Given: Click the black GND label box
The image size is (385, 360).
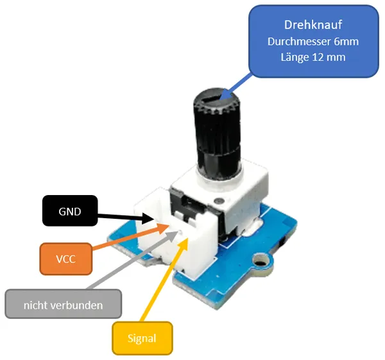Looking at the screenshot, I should click(69, 210).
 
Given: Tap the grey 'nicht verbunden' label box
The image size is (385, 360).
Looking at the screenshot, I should click(63, 305).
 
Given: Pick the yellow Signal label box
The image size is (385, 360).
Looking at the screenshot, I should click(142, 338).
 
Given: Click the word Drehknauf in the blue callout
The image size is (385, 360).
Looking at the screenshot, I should click(312, 25).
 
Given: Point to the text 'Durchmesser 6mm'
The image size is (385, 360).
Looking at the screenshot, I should click(312, 41).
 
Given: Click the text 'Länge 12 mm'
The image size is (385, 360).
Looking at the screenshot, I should click(312, 57).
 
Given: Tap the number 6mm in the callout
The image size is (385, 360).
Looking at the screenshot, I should click(346, 41).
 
